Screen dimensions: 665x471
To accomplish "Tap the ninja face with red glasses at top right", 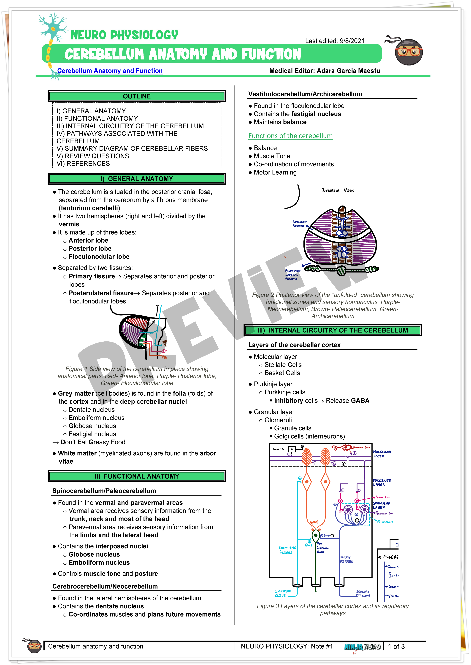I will (408, 52).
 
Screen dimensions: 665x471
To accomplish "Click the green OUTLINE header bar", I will (137, 96).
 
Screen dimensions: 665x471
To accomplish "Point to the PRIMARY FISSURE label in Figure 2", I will (299, 224).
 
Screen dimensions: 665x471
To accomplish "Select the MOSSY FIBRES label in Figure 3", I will (346, 559).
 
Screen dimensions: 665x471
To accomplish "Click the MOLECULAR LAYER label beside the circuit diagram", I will (382, 454).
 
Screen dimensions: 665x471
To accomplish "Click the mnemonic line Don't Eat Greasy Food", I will (93, 442).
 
